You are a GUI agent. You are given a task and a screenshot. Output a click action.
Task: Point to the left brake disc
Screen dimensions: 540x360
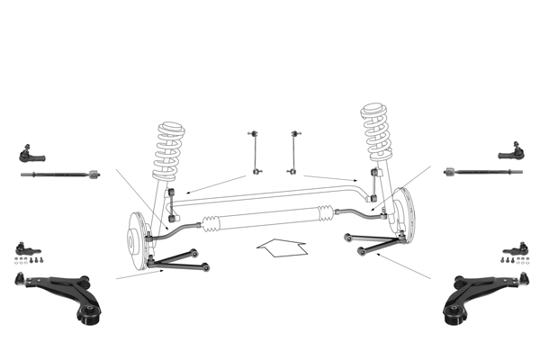136,239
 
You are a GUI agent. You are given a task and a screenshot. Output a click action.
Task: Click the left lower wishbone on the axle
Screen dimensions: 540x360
180,260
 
